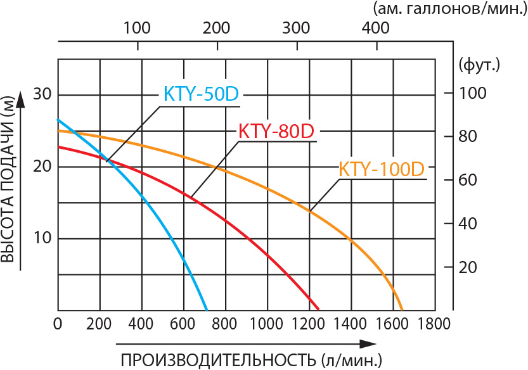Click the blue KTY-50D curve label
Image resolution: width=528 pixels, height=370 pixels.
[x=200, y=94]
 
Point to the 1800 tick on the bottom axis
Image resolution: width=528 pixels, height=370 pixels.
[x=435, y=324]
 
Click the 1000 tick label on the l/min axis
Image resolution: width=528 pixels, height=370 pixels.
[x=268, y=324]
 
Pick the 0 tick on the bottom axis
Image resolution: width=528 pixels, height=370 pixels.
[x=58, y=324]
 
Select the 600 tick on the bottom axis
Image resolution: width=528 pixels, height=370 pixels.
[x=184, y=324]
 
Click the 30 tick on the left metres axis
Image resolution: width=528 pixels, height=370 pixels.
[x=41, y=95]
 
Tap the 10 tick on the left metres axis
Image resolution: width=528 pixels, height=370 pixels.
[x=41, y=239]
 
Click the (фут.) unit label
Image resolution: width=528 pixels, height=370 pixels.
[x=479, y=64]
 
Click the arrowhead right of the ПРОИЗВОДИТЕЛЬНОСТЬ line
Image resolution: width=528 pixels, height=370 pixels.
[x=366, y=343]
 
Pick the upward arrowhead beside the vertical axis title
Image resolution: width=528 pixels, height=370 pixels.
[x=22, y=99]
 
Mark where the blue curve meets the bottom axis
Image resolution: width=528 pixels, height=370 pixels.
[x=207, y=310]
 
